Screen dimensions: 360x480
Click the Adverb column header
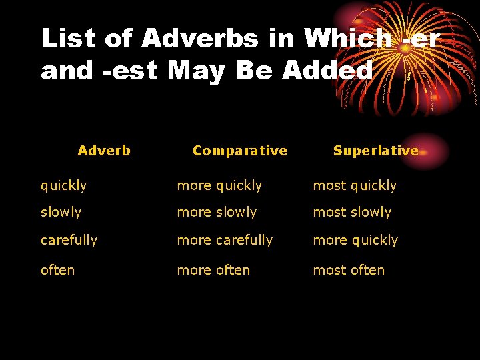click(x=104, y=151)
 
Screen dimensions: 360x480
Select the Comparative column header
click(x=239, y=151)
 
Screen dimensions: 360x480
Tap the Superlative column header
click(x=375, y=151)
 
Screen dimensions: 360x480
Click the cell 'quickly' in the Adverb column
click(x=63, y=185)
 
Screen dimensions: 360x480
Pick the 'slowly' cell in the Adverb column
click(x=61, y=212)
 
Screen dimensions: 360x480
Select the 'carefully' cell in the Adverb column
click(x=69, y=240)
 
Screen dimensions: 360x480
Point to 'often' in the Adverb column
click(x=57, y=270)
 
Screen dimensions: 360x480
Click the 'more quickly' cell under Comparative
click(x=219, y=185)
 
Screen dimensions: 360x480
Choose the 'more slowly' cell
click(x=217, y=212)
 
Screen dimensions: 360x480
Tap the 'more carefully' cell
click(x=225, y=240)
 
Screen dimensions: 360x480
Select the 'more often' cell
click(x=213, y=270)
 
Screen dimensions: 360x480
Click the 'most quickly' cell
click(x=355, y=185)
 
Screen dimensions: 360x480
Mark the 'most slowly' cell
click(x=352, y=212)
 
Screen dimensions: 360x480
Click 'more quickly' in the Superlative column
click(x=355, y=240)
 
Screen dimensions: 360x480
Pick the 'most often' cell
click(x=349, y=270)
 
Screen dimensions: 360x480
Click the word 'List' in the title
click(x=67, y=39)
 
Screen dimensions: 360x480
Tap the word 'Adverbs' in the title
click(x=199, y=39)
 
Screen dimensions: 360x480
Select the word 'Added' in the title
click(x=327, y=69)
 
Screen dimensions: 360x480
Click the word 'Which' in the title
click(x=348, y=39)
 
